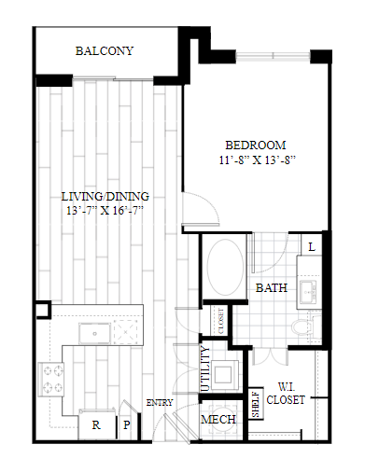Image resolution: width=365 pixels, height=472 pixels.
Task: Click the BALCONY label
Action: (105, 50)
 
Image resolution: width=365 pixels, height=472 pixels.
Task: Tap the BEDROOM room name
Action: (256, 146)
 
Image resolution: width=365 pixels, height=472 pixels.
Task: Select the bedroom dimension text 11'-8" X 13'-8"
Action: (257, 160)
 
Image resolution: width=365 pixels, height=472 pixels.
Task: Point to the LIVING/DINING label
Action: (105, 197)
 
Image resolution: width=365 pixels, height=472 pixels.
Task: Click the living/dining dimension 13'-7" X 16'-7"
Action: (105, 211)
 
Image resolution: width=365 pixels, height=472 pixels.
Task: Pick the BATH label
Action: (272, 288)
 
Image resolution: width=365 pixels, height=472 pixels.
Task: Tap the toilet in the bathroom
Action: (306, 326)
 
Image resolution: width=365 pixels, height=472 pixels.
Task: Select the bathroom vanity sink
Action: (308, 292)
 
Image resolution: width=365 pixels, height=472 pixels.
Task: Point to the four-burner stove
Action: (50, 380)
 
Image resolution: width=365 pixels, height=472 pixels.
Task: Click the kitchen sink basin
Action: (94, 333)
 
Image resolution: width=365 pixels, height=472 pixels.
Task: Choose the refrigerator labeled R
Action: (96, 424)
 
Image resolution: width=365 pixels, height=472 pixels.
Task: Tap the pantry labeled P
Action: (127, 424)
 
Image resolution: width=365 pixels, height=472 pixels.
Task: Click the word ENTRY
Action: (160, 403)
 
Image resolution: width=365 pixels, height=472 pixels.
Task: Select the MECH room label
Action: (218, 420)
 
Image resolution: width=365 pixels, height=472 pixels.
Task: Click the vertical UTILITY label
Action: (205, 369)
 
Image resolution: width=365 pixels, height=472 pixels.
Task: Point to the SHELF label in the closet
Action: (256, 404)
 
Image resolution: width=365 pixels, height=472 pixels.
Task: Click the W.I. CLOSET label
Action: (286, 394)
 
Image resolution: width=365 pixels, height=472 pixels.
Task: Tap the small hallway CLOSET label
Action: (221, 321)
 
